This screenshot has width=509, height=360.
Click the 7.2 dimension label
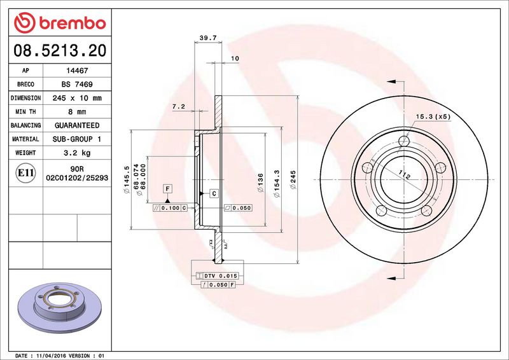(x=178, y=107)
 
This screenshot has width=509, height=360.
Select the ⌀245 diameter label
(x=293, y=181)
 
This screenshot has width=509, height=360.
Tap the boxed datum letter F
(x=168, y=188)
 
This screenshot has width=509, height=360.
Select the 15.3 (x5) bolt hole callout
(x=433, y=116)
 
